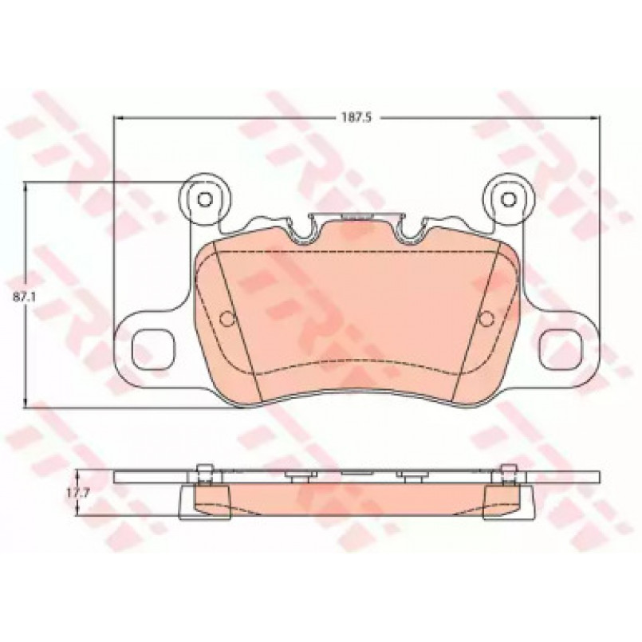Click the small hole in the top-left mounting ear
204,199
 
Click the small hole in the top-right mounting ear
509,199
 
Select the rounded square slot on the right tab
560,348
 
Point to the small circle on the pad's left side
226,318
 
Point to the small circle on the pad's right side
486,318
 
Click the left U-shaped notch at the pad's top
303,232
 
